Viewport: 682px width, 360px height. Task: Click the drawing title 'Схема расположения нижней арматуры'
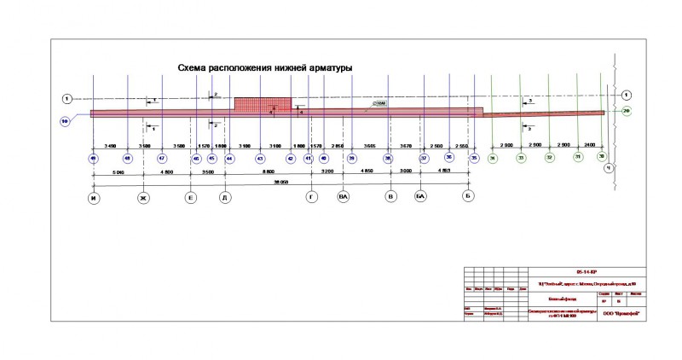pos(264,67)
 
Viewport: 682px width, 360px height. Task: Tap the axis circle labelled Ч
pos(609,167)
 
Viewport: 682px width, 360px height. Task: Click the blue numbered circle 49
pos(93,159)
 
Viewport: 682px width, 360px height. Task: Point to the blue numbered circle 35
pos(474,158)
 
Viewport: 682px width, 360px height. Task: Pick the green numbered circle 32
pos(549,158)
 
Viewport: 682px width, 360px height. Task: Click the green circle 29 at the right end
pos(627,111)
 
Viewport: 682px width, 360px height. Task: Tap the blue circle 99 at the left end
pos(65,121)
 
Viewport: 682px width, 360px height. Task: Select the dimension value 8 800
pos(267,172)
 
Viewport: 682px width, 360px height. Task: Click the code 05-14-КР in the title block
pos(587,269)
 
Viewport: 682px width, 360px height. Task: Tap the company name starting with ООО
pos(620,313)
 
